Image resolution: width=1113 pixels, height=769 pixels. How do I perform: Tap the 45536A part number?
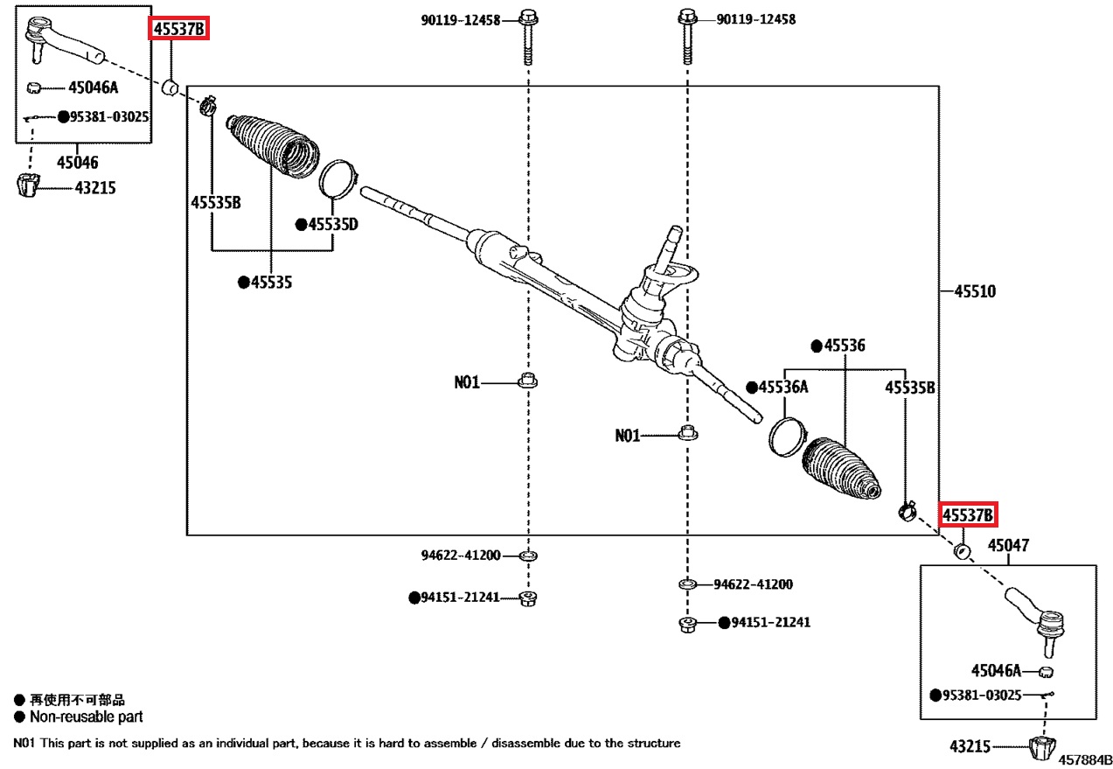click(783, 387)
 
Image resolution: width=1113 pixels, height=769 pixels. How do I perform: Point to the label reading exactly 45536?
click(844, 346)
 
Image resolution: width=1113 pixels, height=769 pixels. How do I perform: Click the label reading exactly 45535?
click(271, 283)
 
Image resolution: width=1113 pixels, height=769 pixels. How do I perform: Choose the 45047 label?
click(1009, 546)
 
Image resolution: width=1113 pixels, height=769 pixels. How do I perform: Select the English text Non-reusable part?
click(87, 717)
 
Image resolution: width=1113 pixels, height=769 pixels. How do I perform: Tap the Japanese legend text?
click(78, 700)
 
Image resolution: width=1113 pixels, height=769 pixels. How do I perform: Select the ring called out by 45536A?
click(785, 436)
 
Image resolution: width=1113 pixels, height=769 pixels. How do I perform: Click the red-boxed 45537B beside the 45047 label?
click(968, 514)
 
